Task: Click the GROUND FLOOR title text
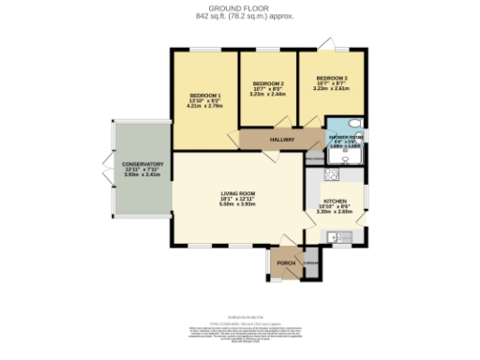(x=239, y=7)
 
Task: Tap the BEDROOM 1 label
(x=205, y=96)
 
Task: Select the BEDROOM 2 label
(x=267, y=83)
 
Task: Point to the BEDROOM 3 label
(x=331, y=77)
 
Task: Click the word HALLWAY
(x=282, y=140)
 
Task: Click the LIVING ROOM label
(x=238, y=193)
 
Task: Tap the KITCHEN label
(x=336, y=202)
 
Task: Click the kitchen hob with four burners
(x=331, y=174)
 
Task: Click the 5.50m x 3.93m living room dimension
(x=238, y=204)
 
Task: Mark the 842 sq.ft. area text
(x=215, y=17)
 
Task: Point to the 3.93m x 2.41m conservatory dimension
(x=142, y=175)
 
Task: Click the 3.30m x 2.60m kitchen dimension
(x=336, y=213)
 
